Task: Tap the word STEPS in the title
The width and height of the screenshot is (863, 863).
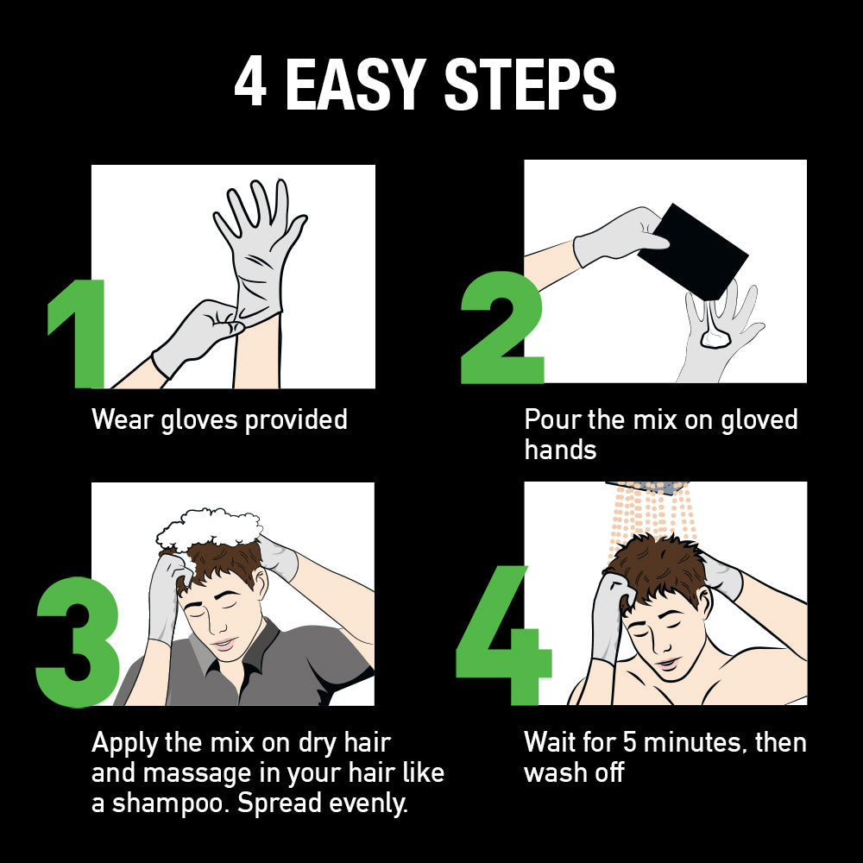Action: pyautogui.click(x=530, y=85)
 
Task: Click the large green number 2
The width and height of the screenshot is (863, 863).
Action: pyautogui.click(x=502, y=327)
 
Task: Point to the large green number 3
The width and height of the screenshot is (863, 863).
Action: pyautogui.click(x=78, y=642)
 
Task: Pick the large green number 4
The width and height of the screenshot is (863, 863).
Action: pyautogui.click(x=503, y=635)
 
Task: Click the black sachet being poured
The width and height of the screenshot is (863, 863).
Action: pyautogui.click(x=692, y=251)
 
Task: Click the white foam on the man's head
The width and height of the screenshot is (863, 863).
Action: pyautogui.click(x=209, y=528)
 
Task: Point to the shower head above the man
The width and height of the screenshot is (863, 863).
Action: pyautogui.click(x=647, y=488)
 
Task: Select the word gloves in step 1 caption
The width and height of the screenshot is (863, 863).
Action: pyautogui.click(x=198, y=420)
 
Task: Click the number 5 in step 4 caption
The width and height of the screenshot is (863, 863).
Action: pyautogui.click(x=630, y=742)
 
